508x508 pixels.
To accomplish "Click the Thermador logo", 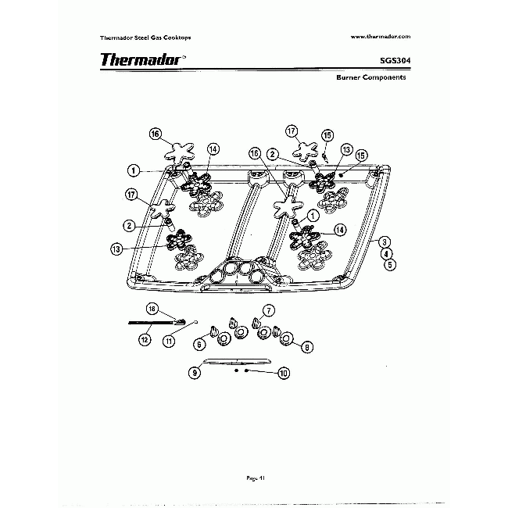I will (141, 60).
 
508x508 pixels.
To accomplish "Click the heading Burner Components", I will (370, 78).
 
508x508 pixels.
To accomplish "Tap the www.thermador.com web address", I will (381, 37).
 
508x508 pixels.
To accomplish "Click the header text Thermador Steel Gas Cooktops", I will (146, 38).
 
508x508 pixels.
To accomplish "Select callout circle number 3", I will (385, 243).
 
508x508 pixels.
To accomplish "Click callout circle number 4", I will (386, 254).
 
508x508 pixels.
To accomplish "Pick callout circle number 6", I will (199, 344).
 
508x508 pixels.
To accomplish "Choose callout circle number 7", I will (267, 310).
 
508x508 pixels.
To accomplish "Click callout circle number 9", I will (195, 373).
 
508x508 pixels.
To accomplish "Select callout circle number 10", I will (283, 374).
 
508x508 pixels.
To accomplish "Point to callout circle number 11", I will (169, 341).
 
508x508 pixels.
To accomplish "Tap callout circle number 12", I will (145, 340).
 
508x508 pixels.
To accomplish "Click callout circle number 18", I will (153, 309).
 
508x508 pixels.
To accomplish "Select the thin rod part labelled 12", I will (152, 322).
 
